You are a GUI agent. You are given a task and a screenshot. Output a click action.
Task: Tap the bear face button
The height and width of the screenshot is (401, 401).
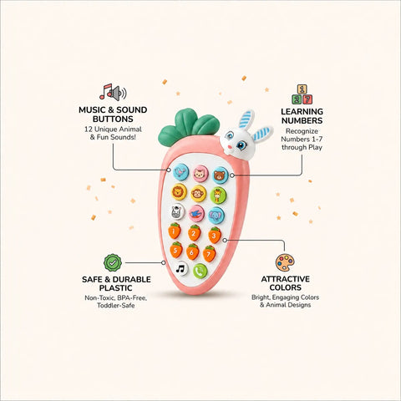221,175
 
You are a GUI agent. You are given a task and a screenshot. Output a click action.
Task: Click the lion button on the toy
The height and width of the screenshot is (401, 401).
179,191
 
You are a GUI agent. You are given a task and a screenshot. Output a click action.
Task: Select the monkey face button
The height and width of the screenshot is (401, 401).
198,194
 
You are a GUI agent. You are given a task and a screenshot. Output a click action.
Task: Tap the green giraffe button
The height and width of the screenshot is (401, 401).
218,195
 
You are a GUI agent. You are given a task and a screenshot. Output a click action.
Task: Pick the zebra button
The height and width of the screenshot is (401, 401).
177,211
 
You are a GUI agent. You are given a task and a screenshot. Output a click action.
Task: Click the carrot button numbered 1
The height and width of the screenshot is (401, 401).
175,231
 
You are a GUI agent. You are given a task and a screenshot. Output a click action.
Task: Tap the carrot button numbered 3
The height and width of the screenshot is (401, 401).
215,236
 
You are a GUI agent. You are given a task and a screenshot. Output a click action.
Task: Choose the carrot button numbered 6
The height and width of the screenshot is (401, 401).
192,252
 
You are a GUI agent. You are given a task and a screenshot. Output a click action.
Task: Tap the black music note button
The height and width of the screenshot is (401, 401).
180,269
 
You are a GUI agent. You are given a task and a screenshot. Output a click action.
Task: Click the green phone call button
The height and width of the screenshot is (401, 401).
200,271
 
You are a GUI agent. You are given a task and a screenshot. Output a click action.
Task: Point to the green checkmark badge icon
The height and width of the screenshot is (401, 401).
113,262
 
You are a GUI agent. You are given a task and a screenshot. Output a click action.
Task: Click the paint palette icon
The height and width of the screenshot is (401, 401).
285,262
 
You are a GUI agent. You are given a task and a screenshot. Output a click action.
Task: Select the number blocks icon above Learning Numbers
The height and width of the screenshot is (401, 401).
302,94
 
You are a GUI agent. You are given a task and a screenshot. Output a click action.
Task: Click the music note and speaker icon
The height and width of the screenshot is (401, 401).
113,92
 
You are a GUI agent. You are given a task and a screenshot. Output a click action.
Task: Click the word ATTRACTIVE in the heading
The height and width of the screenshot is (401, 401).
286,279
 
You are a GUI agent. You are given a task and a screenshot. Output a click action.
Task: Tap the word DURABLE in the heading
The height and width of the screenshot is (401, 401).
132,279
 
